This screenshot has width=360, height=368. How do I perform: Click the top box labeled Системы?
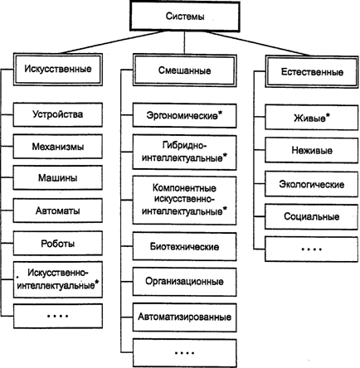pos(185,16)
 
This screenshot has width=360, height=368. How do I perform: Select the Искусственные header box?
pos(58,69)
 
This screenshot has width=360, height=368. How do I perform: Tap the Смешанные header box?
pos(185,70)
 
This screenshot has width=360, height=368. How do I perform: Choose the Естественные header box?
pos(312,72)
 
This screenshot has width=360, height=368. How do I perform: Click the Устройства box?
pos(58,114)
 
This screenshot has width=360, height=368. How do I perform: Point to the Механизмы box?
pos(58,147)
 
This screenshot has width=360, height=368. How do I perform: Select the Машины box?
pos(58,177)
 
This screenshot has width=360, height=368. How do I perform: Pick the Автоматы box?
pos(58,211)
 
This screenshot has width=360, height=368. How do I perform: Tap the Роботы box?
pos(58,244)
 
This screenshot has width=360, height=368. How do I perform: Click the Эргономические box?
pos(185,116)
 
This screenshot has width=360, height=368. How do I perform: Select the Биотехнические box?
pos(185,246)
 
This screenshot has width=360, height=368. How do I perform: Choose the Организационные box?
pos(185,282)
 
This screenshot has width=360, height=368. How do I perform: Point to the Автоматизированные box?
pos(185,317)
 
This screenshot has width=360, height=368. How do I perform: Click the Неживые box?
pos(312,151)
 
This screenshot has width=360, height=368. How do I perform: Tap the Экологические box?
pos(312,184)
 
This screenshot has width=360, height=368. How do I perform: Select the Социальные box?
pos(312,216)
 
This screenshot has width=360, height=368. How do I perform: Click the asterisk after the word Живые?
pos(328,115)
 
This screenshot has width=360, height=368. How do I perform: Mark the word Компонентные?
pos(184,188)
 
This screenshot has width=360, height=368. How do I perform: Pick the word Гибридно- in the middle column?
pos(185,145)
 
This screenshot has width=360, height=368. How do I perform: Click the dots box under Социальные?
pos(312,249)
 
